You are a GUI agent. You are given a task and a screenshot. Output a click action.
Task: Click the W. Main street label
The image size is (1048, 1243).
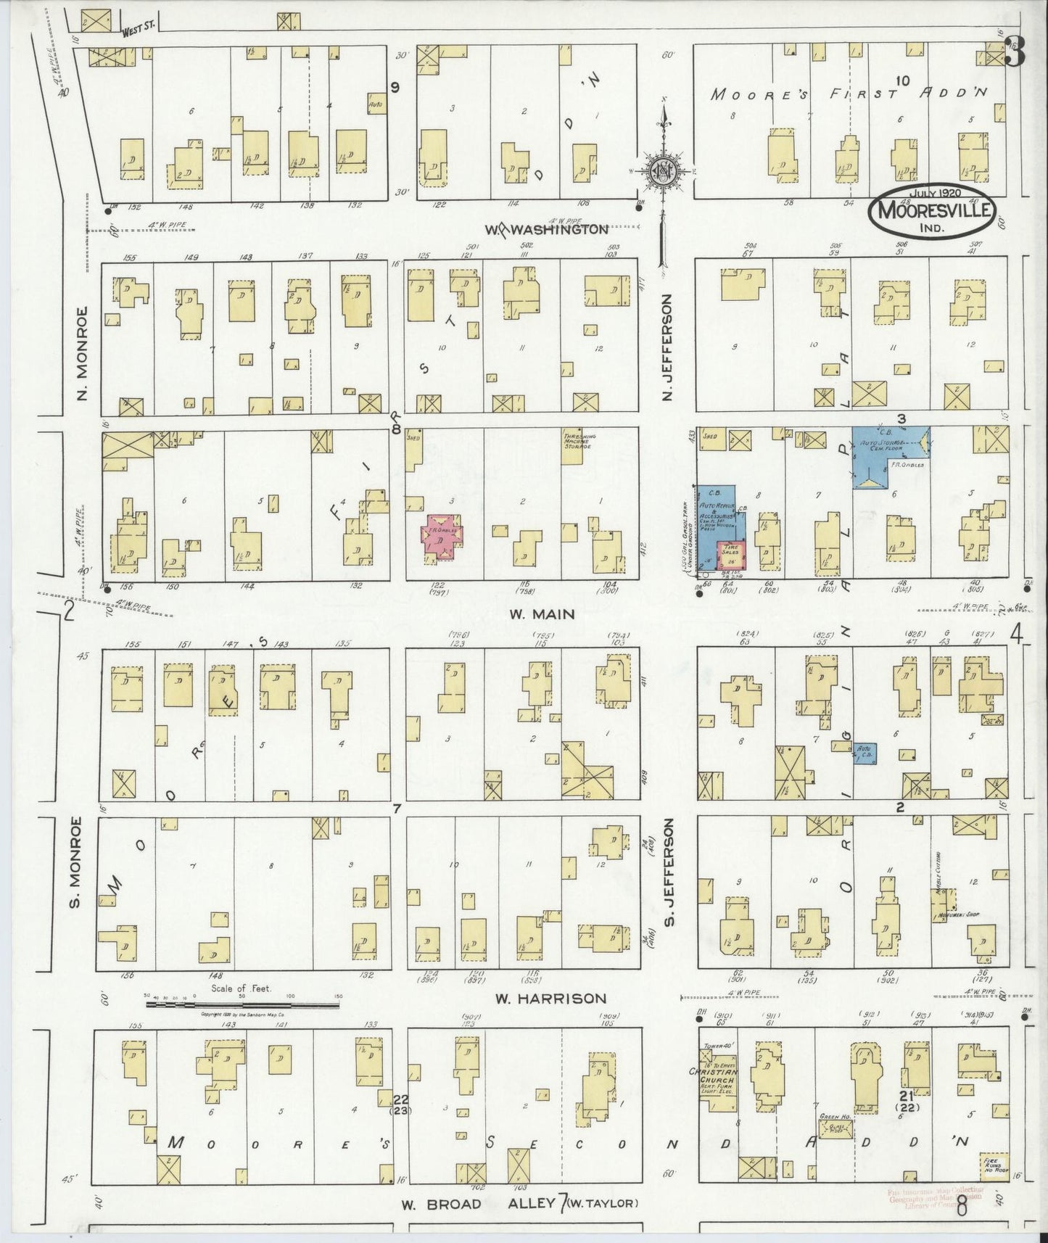click(541, 614)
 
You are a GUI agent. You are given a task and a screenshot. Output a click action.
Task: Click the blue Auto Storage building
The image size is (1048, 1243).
click(889, 457)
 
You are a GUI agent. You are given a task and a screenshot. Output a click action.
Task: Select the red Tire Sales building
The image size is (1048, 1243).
click(732, 556)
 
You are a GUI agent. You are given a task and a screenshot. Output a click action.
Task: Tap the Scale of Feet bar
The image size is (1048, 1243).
click(242, 1004)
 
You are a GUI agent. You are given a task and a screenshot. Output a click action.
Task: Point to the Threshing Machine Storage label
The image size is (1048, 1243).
click(578, 442)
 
